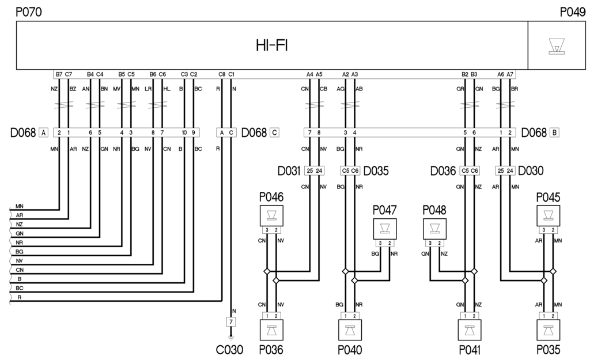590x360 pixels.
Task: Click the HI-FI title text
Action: [272, 46]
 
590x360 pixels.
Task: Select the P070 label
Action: [28, 12]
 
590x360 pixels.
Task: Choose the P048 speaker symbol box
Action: [435, 228]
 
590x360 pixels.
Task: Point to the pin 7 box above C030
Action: [230, 321]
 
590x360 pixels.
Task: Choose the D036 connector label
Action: [444, 171]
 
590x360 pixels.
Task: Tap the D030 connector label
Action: [532, 171]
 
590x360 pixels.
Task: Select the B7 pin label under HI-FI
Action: [59, 74]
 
